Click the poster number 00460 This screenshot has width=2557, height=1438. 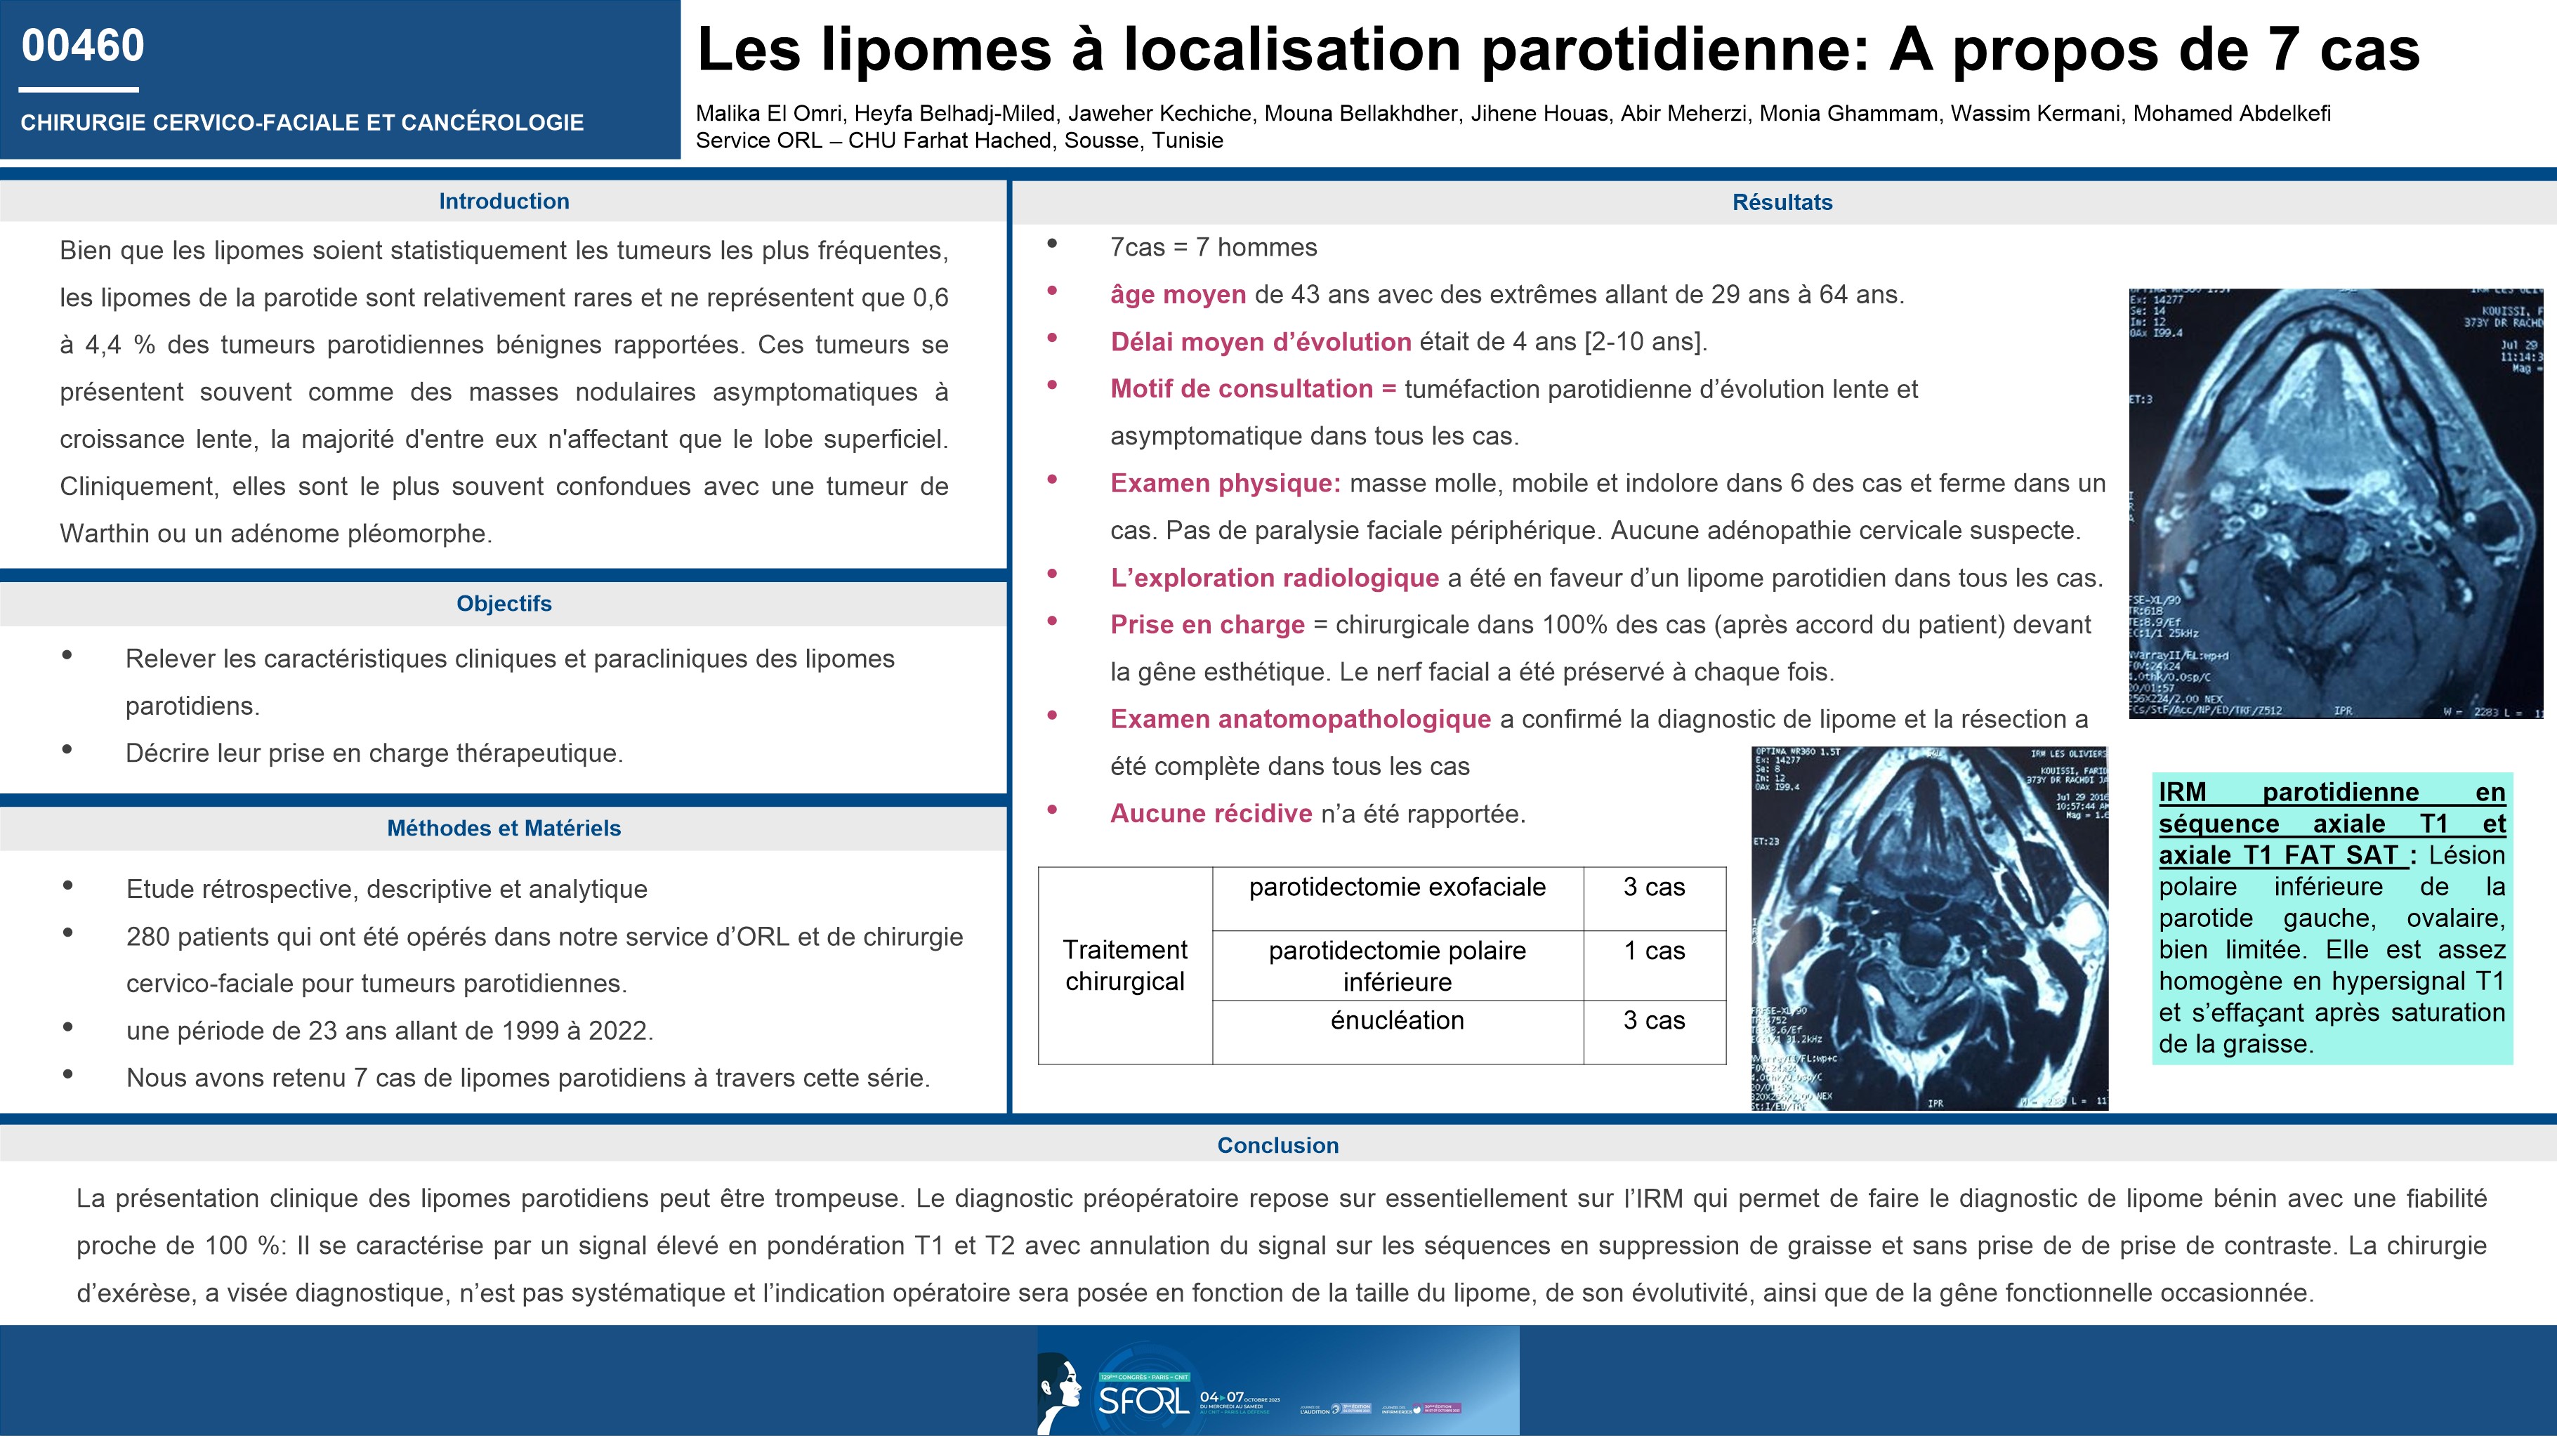click(84, 46)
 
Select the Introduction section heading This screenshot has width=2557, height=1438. click(504, 202)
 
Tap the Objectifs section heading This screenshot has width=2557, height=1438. click(504, 603)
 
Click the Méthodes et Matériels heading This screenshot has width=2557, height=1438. click(504, 828)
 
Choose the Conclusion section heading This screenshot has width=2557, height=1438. click(1277, 1145)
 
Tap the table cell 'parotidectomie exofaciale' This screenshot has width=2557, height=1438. click(1397, 888)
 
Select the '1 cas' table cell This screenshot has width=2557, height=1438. click(1654, 951)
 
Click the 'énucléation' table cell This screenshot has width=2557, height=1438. click(1397, 1020)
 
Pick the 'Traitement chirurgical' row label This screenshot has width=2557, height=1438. click(1124, 965)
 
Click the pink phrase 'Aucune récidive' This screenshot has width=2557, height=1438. click(1211, 814)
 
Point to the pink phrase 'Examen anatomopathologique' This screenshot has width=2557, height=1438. click(1301, 720)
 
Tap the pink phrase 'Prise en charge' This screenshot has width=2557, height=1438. click(1207, 625)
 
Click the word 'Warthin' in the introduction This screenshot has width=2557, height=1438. click(100, 534)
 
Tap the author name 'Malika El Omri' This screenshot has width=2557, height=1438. click(768, 114)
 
